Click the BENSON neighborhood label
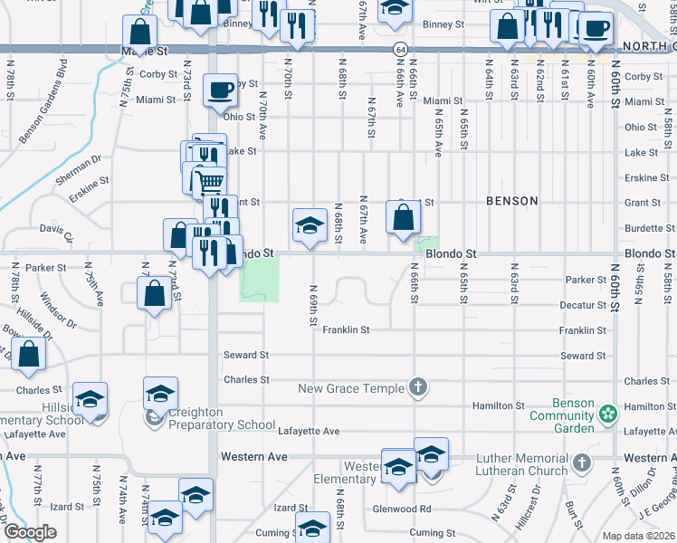coord(511,201)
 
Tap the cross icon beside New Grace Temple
coord(417,388)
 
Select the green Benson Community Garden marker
coord(607,414)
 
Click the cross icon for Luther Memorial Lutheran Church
coord(581,463)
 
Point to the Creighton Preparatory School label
coord(221,424)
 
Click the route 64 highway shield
coord(399,48)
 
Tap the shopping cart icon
coord(210,182)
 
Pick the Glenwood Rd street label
coord(402,509)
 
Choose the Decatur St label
coord(582,306)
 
